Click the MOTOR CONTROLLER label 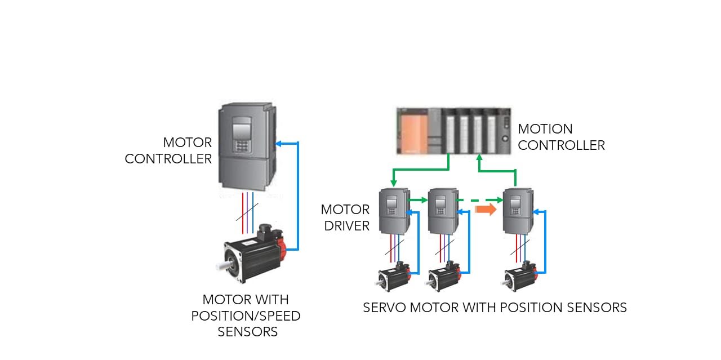point(168,150)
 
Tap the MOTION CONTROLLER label point(561,137)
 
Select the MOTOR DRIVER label point(345,217)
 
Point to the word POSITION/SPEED point(246,315)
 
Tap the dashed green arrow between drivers point(479,199)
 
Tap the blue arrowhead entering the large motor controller point(278,143)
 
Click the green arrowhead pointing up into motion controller point(479,158)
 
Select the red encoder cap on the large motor point(281,243)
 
